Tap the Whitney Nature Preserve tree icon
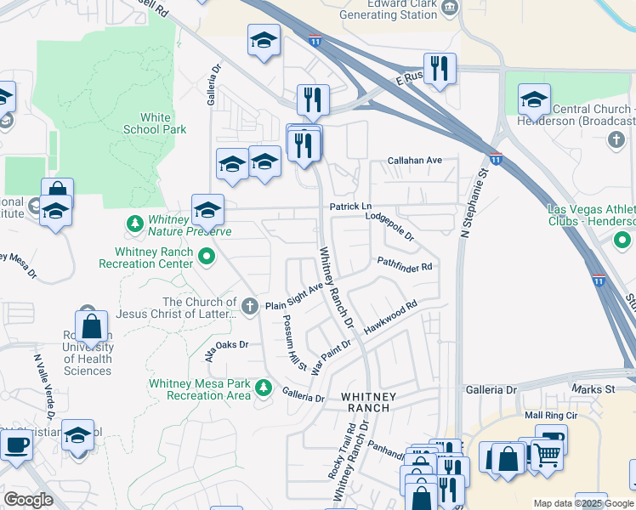point(134,224)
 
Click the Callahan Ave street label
point(415,161)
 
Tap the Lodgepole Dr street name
point(389,225)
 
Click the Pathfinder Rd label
point(405,265)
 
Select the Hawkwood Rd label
point(391,315)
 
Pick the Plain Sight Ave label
point(294,298)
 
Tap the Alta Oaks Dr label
point(226,348)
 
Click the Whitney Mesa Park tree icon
point(264,388)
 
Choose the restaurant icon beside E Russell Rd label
point(440,69)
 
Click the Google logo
point(28,500)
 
